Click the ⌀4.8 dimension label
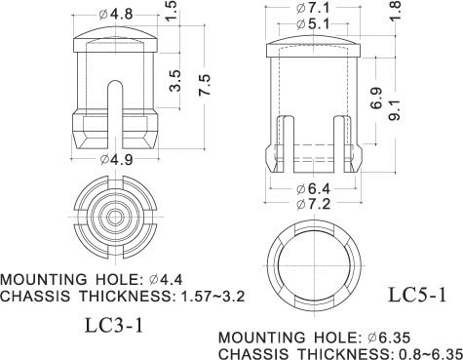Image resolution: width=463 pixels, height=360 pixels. [x=116, y=15]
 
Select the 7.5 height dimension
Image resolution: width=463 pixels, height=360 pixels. [x=205, y=85]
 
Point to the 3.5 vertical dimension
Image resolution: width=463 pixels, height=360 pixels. [x=175, y=81]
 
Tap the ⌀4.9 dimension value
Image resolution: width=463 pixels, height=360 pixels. [x=116, y=160]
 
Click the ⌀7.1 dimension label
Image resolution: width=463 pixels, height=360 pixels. [x=313, y=8]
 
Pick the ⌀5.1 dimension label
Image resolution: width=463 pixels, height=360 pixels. [x=313, y=23]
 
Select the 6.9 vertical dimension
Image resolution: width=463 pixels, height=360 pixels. [x=376, y=99]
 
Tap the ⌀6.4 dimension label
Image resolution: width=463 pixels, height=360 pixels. [x=313, y=188]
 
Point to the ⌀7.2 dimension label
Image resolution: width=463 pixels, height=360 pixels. [x=313, y=204]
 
